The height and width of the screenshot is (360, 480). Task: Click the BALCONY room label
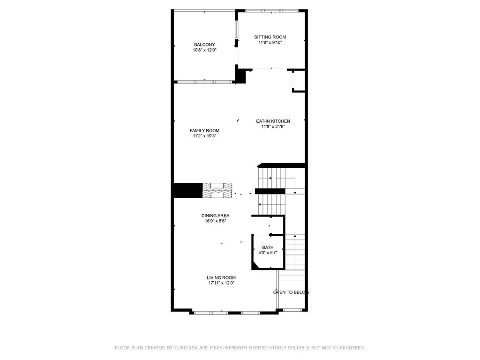click(x=204, y=45)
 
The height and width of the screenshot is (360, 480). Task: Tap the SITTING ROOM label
click(x=270, y=37)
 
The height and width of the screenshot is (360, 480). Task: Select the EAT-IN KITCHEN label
click(x=273, y=121)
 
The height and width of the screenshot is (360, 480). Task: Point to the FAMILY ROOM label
click(x=204, y=131)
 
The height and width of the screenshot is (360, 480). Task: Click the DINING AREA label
click(x=215, y=216)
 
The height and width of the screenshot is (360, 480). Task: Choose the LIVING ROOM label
click(x=221, y=277)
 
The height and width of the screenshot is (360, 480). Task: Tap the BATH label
click(x=268, y=247)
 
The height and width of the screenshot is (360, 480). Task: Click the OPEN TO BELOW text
click(x=292, y=292)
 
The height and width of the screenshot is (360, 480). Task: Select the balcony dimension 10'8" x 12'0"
click(x=204, y=50)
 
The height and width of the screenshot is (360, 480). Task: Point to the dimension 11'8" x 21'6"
click(x=273, y=127)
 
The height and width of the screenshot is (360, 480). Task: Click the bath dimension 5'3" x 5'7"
click(x=268, y=253)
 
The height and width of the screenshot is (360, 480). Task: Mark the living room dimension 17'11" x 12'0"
click(x=221, y=283)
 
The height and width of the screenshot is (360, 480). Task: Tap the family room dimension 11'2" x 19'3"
click(x=204, y=136)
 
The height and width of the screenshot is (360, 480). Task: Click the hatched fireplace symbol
click(x=217, y=190)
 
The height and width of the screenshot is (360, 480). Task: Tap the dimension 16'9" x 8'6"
click(x=215, y=221)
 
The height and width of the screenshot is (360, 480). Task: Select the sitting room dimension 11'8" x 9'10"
click(x=270, y=42)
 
